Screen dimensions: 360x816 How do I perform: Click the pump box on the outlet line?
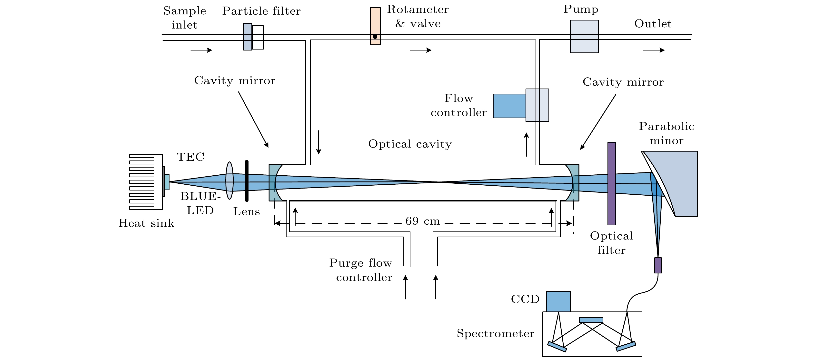(x=584, y=36)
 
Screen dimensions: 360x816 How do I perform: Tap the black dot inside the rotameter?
(x=375, y=37)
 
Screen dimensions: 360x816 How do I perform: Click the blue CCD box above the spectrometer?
(x=558, y=301)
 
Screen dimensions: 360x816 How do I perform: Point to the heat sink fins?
(x=142, y=182)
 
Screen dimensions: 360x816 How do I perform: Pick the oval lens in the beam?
(x=229, y=181)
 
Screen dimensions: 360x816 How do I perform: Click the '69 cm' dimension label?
(x=423, y=221)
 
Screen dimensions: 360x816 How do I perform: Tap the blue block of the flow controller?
(x=509, y=106)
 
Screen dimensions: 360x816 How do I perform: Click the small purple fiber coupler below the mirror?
(x=658, y=265)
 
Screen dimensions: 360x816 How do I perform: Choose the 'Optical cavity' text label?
(x=410, y=144)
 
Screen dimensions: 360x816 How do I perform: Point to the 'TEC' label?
(x=190, y=157)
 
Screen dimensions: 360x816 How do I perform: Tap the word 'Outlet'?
(x=653, y=24)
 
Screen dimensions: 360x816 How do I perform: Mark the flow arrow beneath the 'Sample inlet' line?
(x=201, y=50)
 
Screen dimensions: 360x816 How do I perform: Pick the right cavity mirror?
(x=573, y=182)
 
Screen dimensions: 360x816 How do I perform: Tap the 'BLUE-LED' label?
(x=200, y=203)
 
